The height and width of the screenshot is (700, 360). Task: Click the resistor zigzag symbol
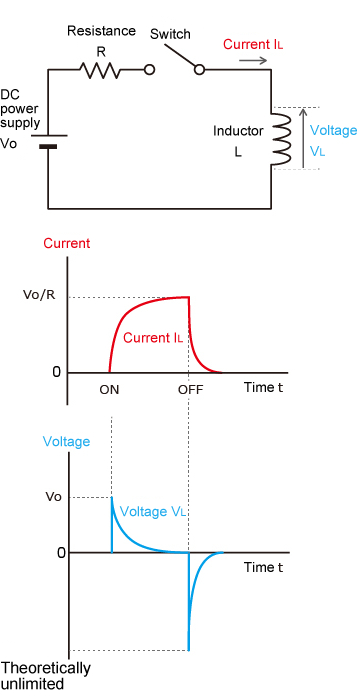[100, 70]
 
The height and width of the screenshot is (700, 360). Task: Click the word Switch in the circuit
[169, 35]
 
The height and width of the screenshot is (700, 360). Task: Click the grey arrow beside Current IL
[252, 61]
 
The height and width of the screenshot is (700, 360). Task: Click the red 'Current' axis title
[65, 243]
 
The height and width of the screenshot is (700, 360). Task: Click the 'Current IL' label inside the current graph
[152, 338]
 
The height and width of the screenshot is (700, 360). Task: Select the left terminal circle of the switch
[150, 70]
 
